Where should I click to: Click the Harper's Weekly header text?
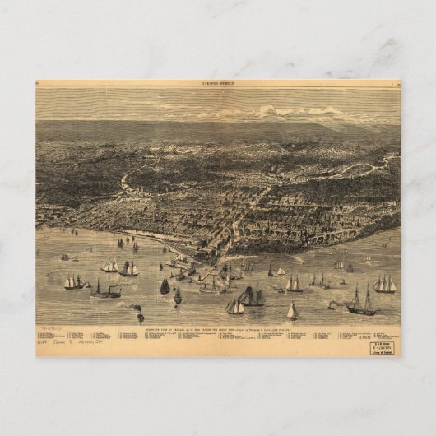[x=218, y=83]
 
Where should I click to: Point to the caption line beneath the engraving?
[x=218, y=327]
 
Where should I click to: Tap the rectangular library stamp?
[x=382, y=346]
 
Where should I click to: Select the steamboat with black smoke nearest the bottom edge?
[x=140, y=314]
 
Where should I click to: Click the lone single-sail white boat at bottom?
[x=291, y=311]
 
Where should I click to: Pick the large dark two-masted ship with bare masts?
[x=359, y=302]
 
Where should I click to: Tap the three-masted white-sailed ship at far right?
[x=384, y=284]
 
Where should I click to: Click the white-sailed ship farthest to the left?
[x=74, y=282]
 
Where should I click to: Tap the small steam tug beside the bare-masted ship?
[x=332, y=304]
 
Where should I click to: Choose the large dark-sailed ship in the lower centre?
[x=253, y=297]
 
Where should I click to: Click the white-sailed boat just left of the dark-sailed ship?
[x=235, y=306]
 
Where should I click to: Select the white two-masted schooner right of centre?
[x=294, y=284]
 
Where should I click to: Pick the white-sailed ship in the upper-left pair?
[x=109, y=267]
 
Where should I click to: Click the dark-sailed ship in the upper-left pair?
[x=129, y=269]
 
